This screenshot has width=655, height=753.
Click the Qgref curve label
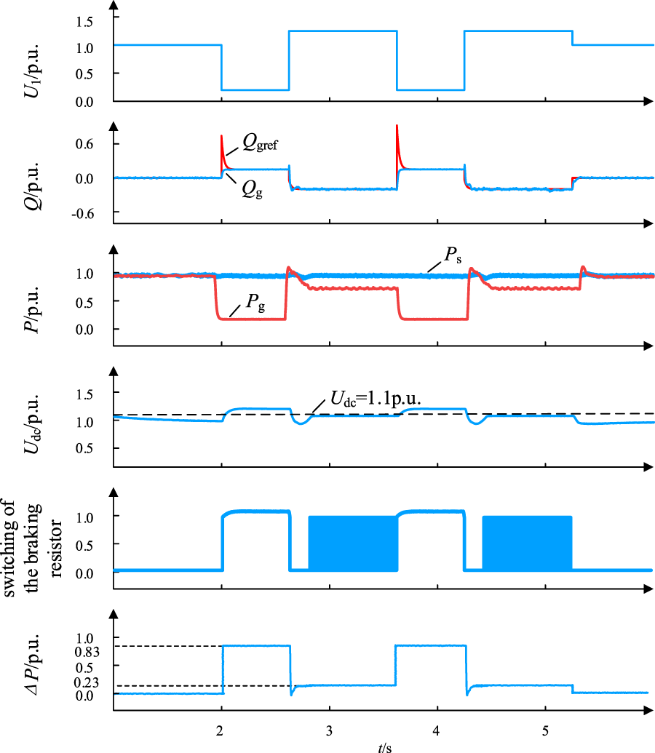pyautogui.click(x=260, y=143)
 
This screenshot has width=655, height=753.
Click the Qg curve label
pyautogui.click(x=253, y=190)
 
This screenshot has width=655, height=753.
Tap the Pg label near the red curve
pyautogui.click(x=255, y=303)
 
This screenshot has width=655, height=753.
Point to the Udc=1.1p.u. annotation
pyautogui.click(x=376, y=399)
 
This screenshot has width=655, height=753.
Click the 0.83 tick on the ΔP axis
pyautogui.click(x=87, y=652)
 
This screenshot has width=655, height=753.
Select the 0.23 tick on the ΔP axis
pyautogui.click(x=87, y=682)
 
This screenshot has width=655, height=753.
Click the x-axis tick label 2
pyautogui.click(x=220, y=731)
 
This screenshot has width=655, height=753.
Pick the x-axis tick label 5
pyautogui.click(x=545, y=731)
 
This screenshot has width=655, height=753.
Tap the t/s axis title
pyautogui.click(x=385, y=747)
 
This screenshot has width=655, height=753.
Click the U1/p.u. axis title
pyautogui.click(x=32, y=71)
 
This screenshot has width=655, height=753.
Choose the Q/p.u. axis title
pyautogui.click(x=32, y=186)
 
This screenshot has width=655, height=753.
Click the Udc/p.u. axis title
pyautogui.click(x=32, y=424)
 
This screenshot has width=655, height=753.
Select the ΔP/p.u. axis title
pyautogui.click(x=32, y=664)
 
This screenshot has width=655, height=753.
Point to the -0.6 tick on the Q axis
pyautogui.click(x=83, y=213)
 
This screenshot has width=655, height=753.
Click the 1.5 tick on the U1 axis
pyautogui.click(x=84, y=22)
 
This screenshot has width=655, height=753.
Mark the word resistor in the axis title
pyautogui.click(x=56, y=548)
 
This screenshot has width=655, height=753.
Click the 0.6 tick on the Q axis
pyautogui.click(x=84, y=143)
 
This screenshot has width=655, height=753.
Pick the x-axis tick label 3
pyautogui.click(x=329, y=731)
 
